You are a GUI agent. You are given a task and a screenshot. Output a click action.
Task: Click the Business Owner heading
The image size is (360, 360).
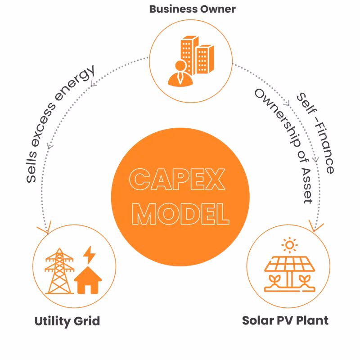point(192,9)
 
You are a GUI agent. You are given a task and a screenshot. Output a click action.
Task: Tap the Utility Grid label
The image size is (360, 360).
point(67,321)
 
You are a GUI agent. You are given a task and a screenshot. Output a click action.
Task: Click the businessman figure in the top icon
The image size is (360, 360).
point(180,74)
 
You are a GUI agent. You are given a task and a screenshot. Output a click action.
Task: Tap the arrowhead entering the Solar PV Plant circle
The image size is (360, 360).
point(314,225)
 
